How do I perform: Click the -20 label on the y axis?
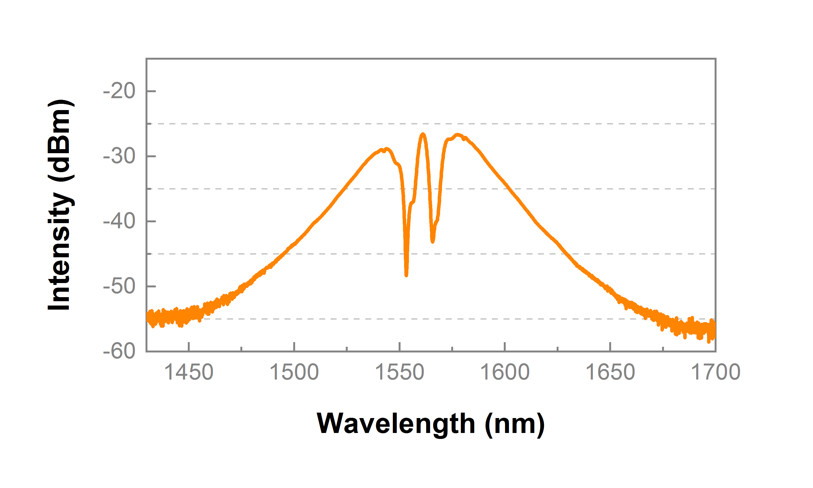click(119, 91)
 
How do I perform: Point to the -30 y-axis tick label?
click(119, 156)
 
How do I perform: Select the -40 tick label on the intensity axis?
click(119, 221)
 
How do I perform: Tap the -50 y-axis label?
click(119, 286)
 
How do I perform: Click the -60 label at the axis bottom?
click(119, 351)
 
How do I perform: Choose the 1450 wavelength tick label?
click(189, 373)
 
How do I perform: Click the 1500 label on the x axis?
click(294, 373)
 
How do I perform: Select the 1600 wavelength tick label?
click(505, 373)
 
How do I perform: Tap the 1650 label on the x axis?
click(610, 373)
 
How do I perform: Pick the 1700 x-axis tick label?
click(716, 373)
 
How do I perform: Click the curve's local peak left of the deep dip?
click(386, 149)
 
